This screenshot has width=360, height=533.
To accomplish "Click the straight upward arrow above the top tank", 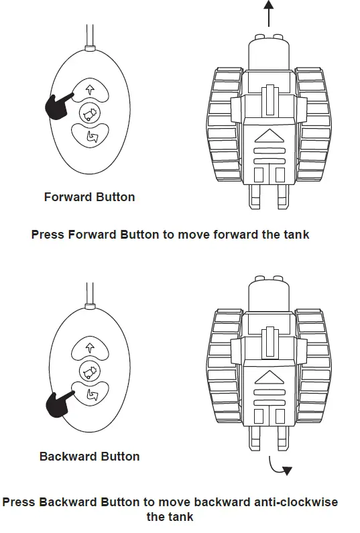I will click(x=268, y=13).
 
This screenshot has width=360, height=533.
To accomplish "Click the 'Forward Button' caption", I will click(x=89, y=197).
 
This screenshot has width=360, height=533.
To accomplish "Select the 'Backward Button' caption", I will click(x=89, y=457).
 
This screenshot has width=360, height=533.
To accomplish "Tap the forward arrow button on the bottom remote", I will click(x=89, y=347).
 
